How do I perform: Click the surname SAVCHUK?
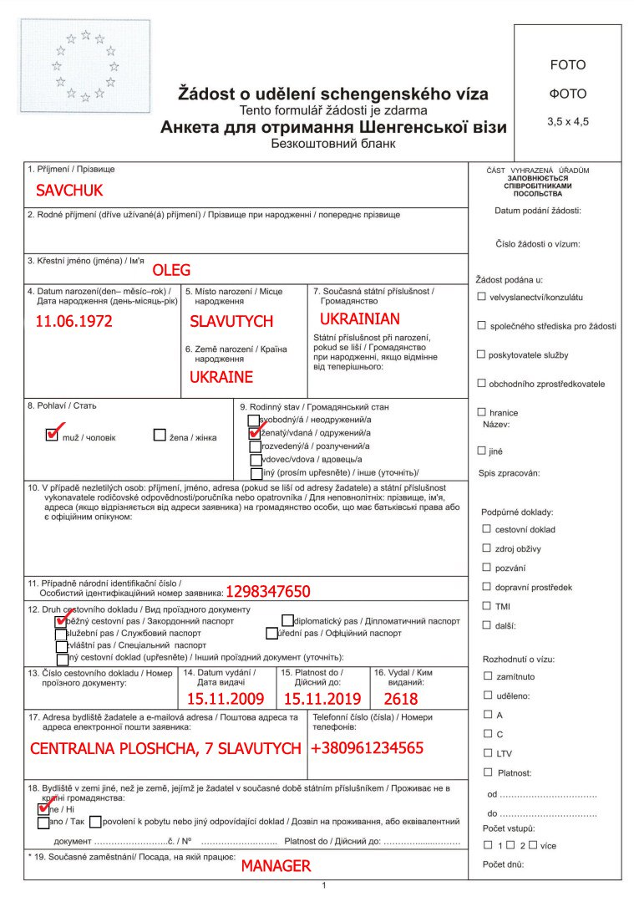pos(69,191)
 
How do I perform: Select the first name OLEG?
pos(171,270)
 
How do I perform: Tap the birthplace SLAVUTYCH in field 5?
pos(231,321)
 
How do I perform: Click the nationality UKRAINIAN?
pos(360,319)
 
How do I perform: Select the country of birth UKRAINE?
pos(221,377)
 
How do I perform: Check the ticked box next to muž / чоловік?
pos(52,435)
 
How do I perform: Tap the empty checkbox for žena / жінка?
pos(160,435)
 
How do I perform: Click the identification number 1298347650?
pos(267,592)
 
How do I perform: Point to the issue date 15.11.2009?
pos(226,699)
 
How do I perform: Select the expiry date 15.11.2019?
pos(322,699)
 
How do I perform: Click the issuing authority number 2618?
pos(401,699)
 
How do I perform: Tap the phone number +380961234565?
pos(367,747)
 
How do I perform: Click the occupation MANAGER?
pos(276,866)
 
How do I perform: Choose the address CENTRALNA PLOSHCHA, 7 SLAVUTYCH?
pos(165,748)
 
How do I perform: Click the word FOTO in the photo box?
pos(568,65)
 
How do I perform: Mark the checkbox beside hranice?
pos(481,412)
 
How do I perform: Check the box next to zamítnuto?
pos(488,675)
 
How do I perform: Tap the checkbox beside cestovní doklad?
pos(486,528)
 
